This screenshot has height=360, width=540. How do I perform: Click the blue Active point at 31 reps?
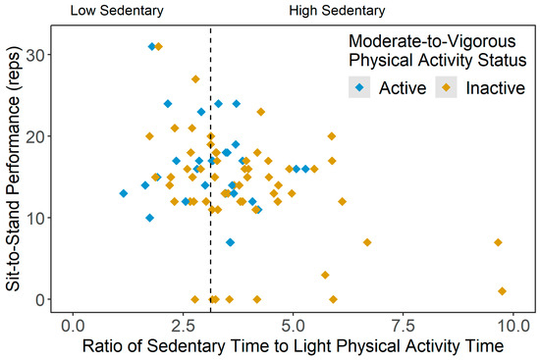click(x=152, y=46)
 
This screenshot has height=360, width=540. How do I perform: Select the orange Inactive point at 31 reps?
click(x=158, y=46)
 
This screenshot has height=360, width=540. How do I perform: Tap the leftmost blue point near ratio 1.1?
click(x=124, y=193)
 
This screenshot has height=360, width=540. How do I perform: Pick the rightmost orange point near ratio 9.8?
click(x=502, y=291)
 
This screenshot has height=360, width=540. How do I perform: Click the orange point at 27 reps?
click(x=196, y=78)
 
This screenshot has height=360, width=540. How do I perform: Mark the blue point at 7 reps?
click(x=230, y=242)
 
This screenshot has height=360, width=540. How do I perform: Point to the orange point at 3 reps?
click(x=325, y=275)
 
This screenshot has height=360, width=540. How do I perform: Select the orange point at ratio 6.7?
click(x=367, y=242)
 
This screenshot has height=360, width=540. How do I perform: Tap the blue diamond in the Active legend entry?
click(x=358, y=87)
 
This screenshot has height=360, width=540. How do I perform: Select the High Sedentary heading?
click(x=338, y=12)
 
